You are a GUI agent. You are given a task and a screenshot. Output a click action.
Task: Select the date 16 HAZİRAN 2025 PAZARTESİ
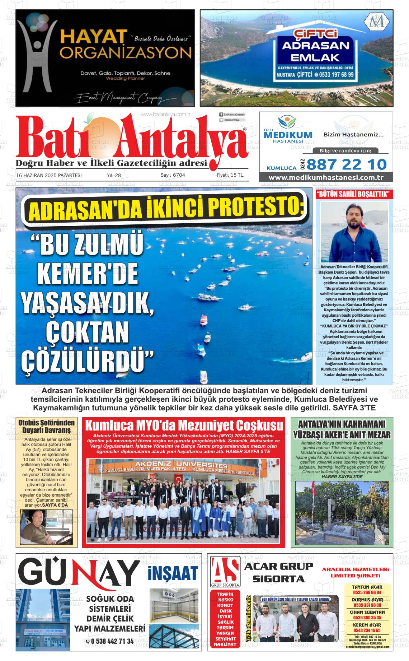tap(49, 175)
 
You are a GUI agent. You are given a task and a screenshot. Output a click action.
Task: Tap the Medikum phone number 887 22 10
tap(347, 164)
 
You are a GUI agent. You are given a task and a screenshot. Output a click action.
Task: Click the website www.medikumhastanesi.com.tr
tap(326, 178)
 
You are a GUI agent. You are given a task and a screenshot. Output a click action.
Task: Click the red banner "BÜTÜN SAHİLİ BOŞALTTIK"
tap(354, 195)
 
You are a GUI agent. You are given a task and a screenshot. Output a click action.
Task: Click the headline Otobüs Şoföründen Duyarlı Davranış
tap(47, 426)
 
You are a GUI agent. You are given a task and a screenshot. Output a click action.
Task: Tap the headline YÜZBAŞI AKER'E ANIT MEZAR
tap(342, 435)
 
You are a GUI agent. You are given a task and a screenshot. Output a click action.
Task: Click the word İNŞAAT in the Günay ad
tap(173, 573)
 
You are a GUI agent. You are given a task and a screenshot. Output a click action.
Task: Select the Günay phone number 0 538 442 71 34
tap(110, 641)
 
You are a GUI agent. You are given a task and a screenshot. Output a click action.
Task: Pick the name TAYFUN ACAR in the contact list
tap(368, 587)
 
